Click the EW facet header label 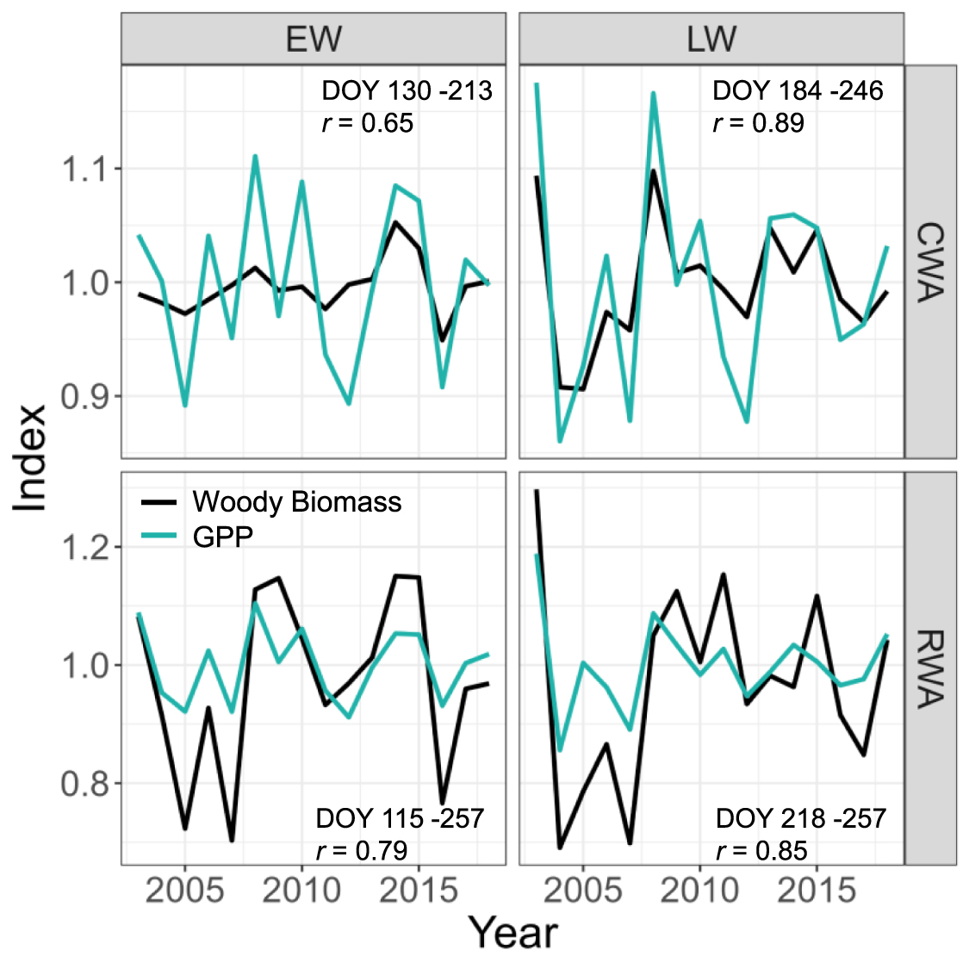coord(313,39)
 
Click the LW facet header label coord(711,39)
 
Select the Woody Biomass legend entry coord(296,502)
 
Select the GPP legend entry coord(222,537)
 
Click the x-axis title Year coord(512,934)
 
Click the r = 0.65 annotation coord(368,123)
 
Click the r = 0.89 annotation coord(759,123)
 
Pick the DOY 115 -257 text coord(400,818)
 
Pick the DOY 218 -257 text coord(800,818)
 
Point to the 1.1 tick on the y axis coord(86,169)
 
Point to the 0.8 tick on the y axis coord(86,784)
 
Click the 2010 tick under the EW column coord(301,891)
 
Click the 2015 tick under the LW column coord(817,891)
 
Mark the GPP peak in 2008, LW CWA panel coord(653,93)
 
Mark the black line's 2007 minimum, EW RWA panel coord(232,841)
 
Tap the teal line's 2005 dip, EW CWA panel coord(185,405)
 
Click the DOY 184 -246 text coord(798,90)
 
